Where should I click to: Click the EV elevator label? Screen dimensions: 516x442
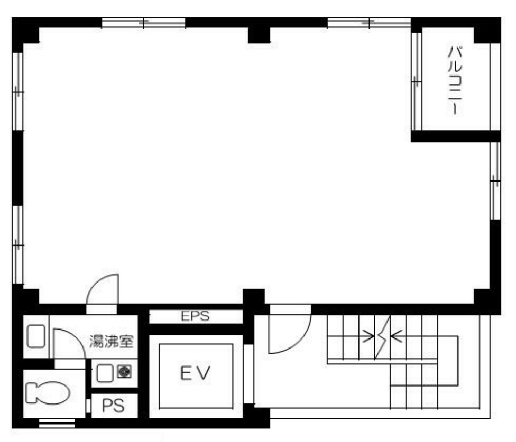[195, 373]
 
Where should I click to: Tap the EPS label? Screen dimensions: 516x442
[195, 316]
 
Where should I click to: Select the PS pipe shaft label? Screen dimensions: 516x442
[113, 406]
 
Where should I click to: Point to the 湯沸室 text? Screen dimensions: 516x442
[112, 342]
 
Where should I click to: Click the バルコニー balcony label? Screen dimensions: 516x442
[456, 80]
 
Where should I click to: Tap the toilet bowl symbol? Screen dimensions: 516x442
[48, 393]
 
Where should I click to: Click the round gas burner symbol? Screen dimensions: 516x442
[124, 372]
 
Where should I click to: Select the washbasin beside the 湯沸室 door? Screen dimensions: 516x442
[36, 336]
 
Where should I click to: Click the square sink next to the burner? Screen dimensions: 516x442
[105, 373]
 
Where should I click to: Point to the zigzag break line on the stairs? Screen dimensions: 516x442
[382, 337]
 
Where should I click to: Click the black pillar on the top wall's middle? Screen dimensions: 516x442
[259, 35]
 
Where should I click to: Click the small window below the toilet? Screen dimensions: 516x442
[57, 424]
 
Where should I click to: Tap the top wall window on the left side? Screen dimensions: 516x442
[143, 23]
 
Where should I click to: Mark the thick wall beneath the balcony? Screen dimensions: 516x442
[456, 136]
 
